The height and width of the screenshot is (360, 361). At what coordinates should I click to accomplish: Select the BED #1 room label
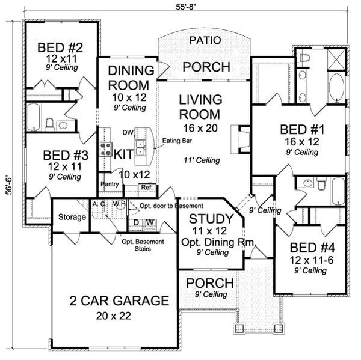tap(299, 129)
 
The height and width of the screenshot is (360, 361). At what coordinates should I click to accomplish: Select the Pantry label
tap(110, 183)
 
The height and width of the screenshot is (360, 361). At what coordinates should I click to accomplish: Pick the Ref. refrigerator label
tap(146, 186)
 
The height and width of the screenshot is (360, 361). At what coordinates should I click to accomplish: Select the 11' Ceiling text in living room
tap(201, 160)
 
